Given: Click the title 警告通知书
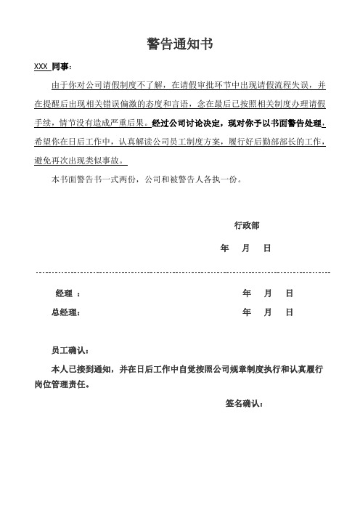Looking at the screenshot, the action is click(179, 44).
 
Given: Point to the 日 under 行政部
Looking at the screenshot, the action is click(267, 248).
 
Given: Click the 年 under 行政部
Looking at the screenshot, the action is click(224, 248).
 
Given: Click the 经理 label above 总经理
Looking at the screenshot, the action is click(63, 294).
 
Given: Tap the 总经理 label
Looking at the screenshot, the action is click(64, 312).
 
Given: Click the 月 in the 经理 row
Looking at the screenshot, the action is click(269, 294).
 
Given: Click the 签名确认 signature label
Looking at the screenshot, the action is click(240, 403).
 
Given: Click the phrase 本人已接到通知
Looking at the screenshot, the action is click(78, 369).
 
